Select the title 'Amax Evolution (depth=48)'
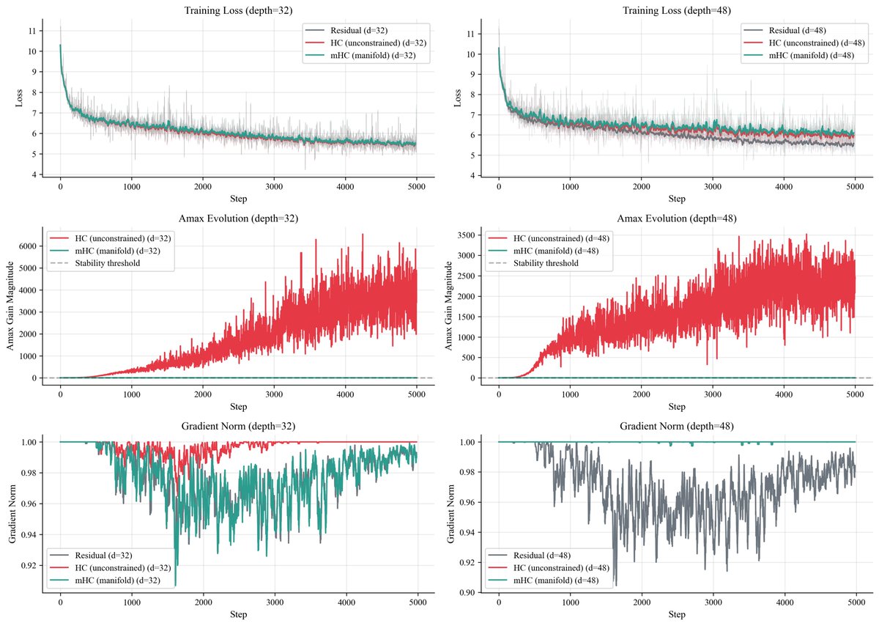click(x=677, y=218)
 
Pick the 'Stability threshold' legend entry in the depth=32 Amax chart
click(x=105, y=263)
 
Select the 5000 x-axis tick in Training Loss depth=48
click(x=855, y=187)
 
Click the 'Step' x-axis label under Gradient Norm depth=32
click(x=237, y=614)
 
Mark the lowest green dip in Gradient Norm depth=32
click(x=175, y=585)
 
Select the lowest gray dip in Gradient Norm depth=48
click(x=615, y=585)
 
